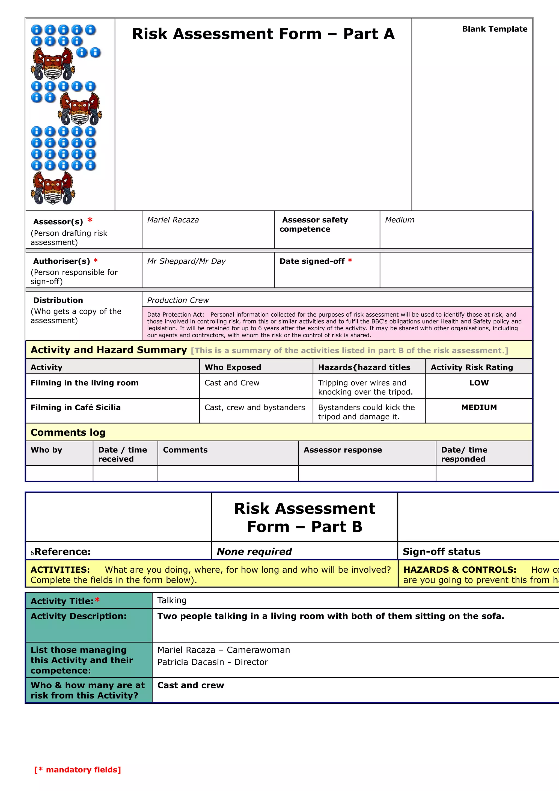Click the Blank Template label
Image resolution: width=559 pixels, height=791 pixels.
click(x=494, y=29)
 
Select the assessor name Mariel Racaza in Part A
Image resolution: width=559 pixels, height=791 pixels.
click(x=173, y=220)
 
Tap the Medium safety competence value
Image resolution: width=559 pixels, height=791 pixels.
click(x=400, y=220)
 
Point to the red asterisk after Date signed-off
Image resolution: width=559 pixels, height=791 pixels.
click(x=350, y=261)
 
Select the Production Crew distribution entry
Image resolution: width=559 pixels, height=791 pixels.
click(x=178, y=300)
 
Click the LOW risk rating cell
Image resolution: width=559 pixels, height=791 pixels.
click(x=479, y=383)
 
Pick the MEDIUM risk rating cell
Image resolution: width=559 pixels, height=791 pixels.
click(x=479, y=407)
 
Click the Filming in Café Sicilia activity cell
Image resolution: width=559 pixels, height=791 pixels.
click(x=76, y=407)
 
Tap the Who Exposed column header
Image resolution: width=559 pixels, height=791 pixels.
click(x=233, y=367)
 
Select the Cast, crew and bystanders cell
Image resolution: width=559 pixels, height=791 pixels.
click(x=255, y=407)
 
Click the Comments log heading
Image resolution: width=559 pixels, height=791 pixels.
click(x=68, y=432)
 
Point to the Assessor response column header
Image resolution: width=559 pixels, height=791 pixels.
click(x=343, y=450)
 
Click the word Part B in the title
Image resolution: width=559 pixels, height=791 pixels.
click(x=337, y=527)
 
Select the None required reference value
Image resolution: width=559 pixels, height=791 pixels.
click(x=254, y=552)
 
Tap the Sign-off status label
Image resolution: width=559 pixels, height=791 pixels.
click(x=442, y=552)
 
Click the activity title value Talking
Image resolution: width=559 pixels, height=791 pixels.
click(x=172, y=600)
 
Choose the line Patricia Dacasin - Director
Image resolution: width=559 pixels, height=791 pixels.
click(x=213, y=662)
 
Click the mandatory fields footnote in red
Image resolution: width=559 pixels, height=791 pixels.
click(x=78, y=770)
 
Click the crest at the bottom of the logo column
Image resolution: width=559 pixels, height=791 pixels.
click(x=53, y=188)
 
